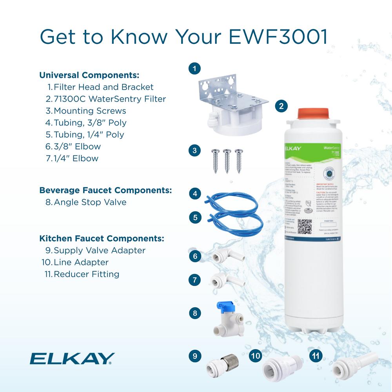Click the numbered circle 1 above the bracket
tap(194, 69)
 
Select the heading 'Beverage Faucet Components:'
tap(105, 191)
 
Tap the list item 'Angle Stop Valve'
tap(90, 202)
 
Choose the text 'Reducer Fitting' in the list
tap(86, 274)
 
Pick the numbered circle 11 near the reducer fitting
tap(316, 356)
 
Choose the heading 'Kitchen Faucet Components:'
tap(102, 238)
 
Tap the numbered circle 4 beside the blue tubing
tap(194, 194)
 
